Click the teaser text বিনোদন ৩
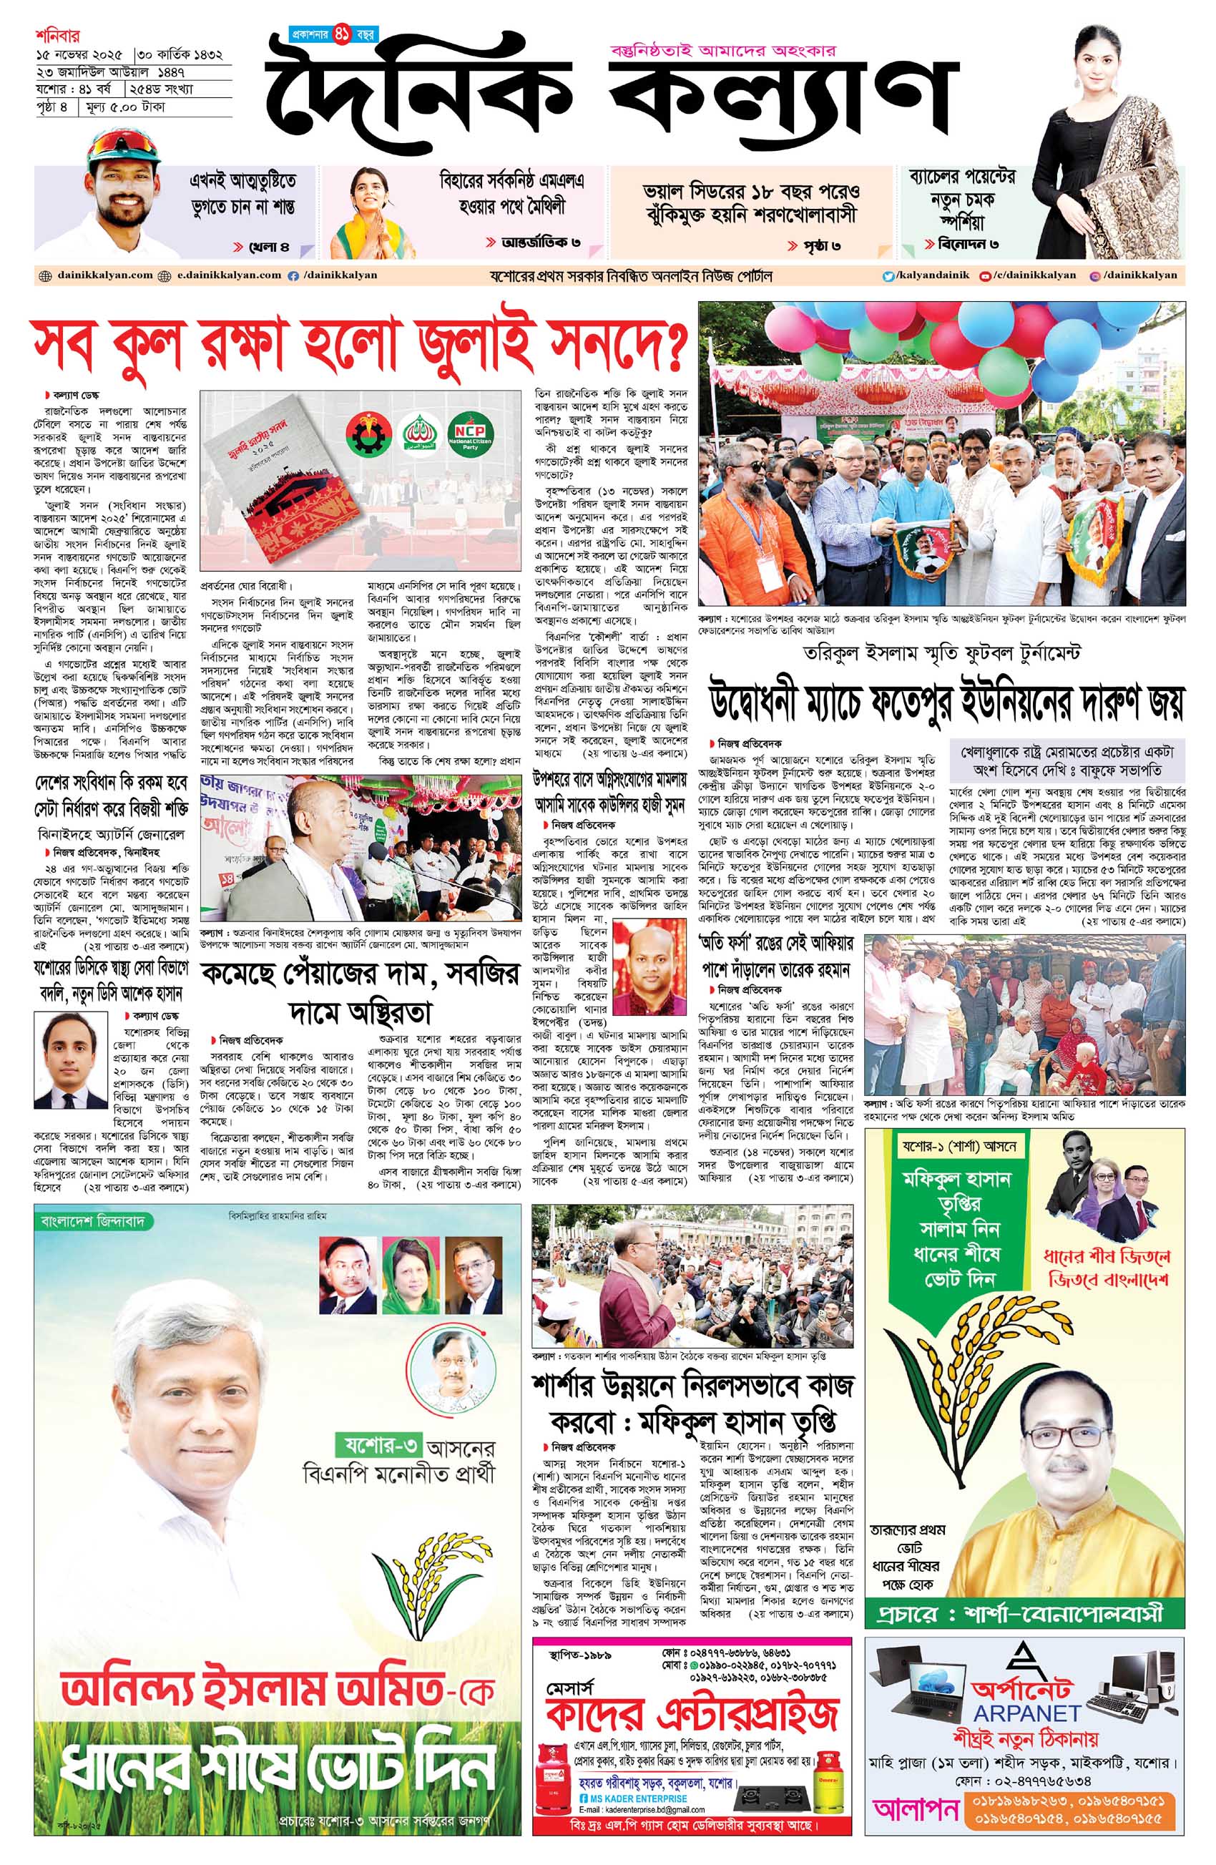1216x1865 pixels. coord(968,244)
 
